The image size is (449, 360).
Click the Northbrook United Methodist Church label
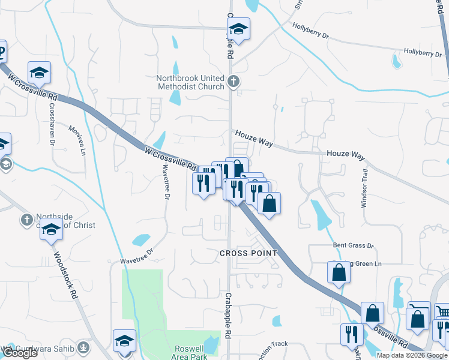190,83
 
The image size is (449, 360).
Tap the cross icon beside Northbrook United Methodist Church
234,80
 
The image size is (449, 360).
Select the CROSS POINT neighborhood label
249,253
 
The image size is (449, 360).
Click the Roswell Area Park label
190,353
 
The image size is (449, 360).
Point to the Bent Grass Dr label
354,246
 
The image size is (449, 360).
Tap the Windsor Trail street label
364,188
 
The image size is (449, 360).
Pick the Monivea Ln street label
77,139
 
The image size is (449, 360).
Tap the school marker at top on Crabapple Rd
238,29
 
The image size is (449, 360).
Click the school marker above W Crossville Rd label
40,73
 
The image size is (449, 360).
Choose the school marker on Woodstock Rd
51,229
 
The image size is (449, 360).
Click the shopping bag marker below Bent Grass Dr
339,272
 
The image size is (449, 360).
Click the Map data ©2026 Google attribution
412,355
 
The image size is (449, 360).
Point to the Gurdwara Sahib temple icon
83,347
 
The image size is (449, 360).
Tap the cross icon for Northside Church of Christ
26,220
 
